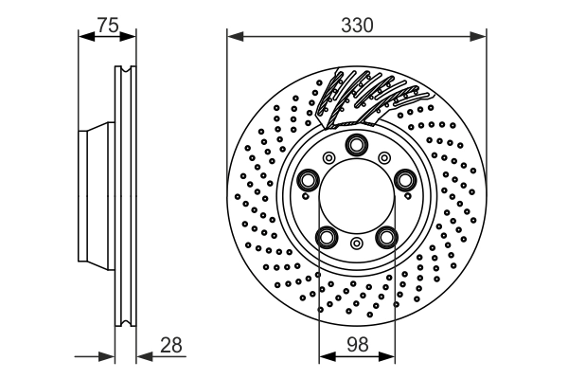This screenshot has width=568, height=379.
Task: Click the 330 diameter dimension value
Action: coord(356,26)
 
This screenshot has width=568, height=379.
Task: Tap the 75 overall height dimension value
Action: coord(107,26)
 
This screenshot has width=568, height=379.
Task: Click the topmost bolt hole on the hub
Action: coord(357,145)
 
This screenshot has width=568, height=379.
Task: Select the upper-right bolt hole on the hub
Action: coord(404,180)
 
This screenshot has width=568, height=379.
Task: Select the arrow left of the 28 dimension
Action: coord(107,357)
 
